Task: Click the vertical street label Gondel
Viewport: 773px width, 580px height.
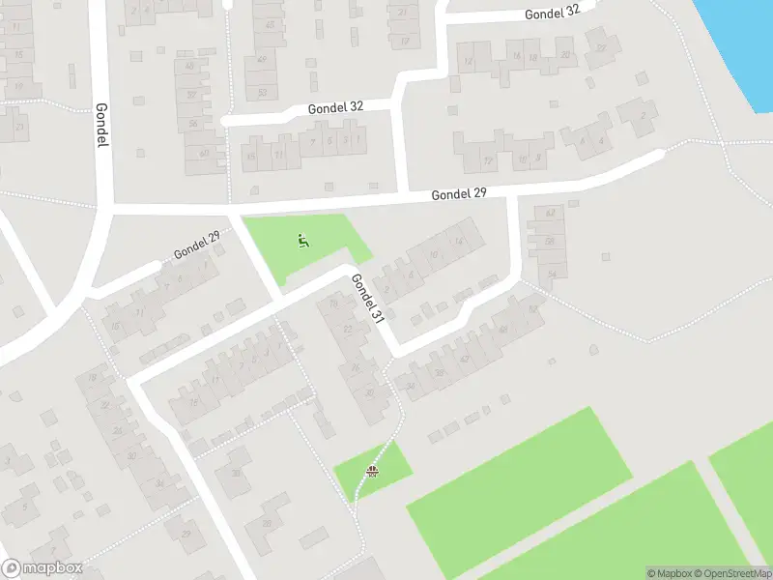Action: (x=100, y=125)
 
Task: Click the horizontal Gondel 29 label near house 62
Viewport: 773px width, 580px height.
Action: (x=458, y=194)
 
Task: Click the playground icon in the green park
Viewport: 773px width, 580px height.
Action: (x=304, y=241)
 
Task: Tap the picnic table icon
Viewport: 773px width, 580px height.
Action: (x=372, y=471)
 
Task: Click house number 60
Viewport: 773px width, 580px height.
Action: (x=204, y=153)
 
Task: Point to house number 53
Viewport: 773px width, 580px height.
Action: (x=262, y=93)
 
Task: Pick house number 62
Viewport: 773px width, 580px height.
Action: (x=550, y=213)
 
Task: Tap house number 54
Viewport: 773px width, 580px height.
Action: (x=552, y=275)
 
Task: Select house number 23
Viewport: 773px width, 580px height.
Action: (x=18, y=127)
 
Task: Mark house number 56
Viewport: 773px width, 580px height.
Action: (x=194, y=124)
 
